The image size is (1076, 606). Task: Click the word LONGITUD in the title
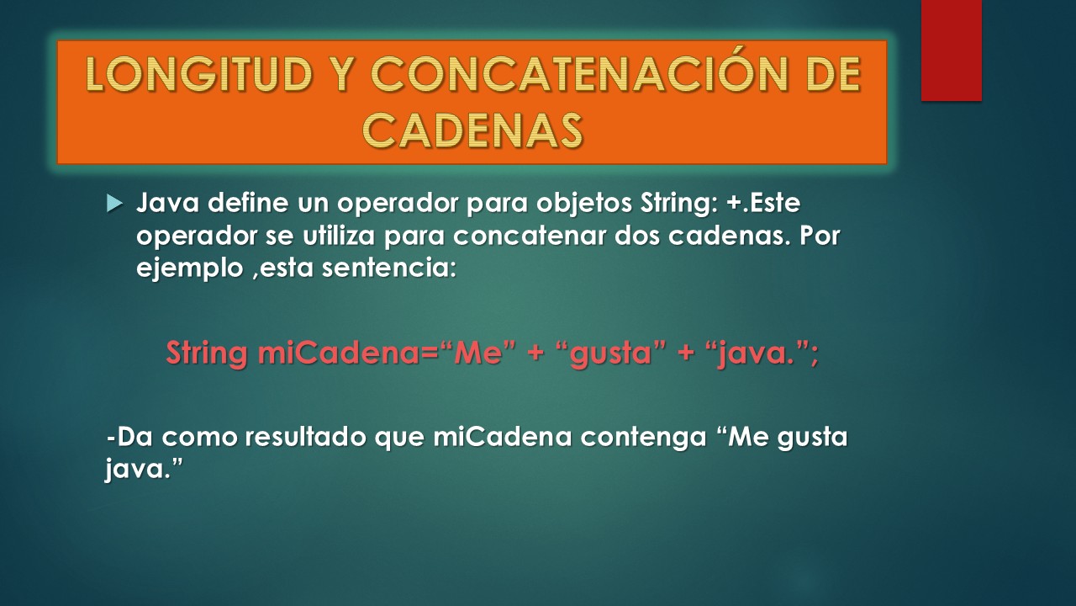(x=200, y=74)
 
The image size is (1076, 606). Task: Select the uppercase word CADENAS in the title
(x=472, y=130)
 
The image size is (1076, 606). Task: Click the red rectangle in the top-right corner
(x=951, y=50)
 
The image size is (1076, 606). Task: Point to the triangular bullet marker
(x=114, y=204)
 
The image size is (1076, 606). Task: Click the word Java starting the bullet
(x=167, y=203)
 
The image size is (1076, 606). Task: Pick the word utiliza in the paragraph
(x=339, y=235)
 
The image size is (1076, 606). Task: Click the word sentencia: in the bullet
(x=388, y=268)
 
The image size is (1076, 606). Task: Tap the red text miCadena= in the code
(x=348, y=353)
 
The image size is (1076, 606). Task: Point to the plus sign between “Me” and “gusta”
(x=535, y=353)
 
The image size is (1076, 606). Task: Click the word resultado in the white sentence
(x=306, y=437)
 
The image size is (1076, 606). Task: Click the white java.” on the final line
(x=144, y=468)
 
